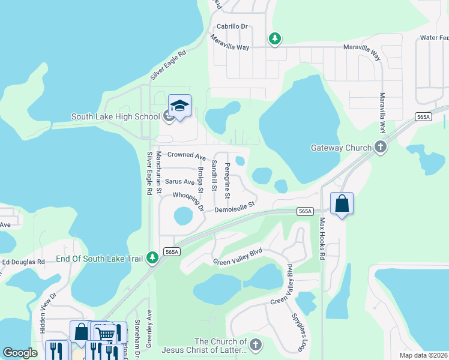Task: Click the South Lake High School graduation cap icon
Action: coord(179,106)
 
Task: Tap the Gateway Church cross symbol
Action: coord(380,147)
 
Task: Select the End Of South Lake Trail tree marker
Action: coord(154,258)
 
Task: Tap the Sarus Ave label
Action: coord(179,181)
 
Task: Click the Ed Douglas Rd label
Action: coord(24,262)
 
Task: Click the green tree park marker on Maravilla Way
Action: coord(275,38)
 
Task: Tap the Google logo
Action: coord(20,353)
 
